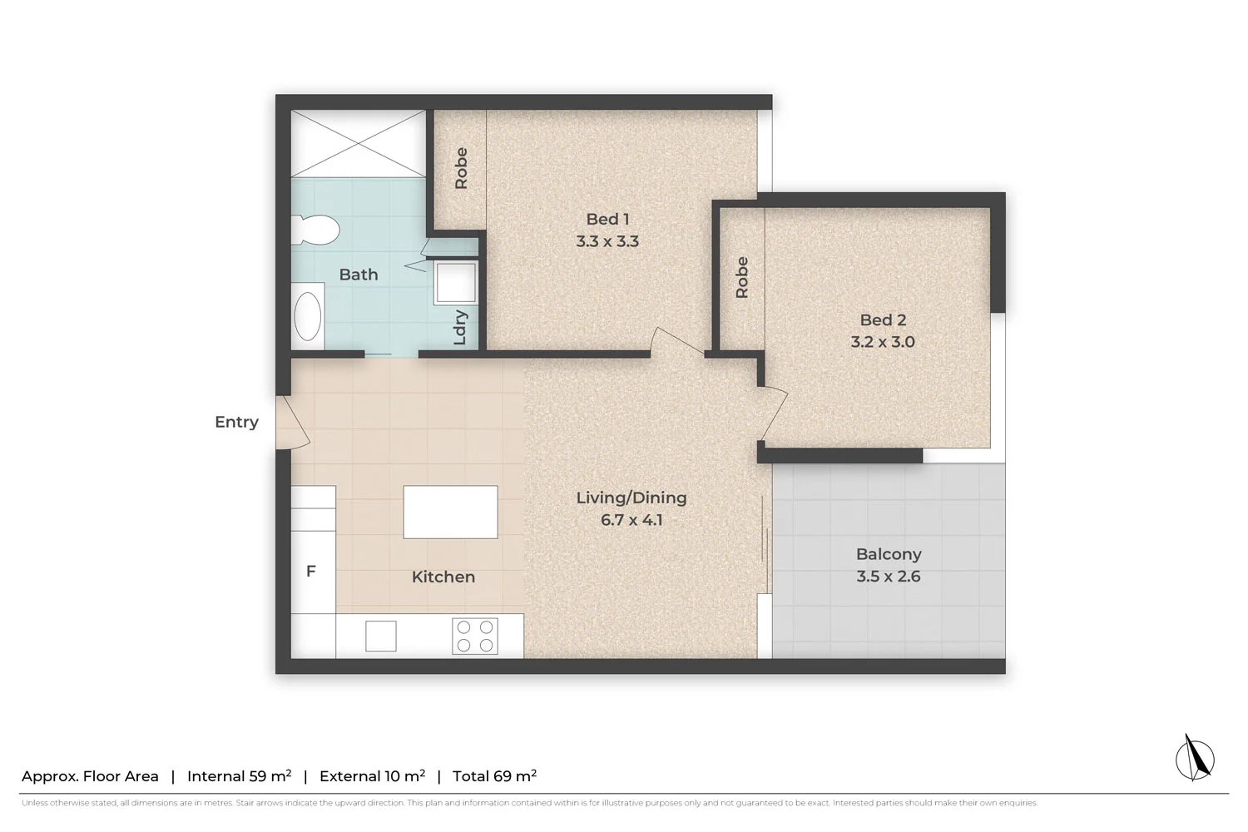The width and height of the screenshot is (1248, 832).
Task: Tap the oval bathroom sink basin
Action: pyautogui.click(x=309, y=317)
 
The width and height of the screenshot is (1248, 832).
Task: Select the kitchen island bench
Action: pyautogui.click(x=450, y=513)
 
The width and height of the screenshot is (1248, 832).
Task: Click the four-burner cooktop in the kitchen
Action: pyautogui.click(x=475, y=636)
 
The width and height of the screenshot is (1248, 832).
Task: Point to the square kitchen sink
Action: pyautogui.click(x=381, y=636)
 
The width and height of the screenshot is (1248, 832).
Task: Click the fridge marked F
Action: pyautogui.click(x=312, y=572)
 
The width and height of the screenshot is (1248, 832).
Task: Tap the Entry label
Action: pyautogui.click(x=236, y=422)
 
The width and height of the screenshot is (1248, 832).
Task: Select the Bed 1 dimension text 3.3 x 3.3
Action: pyautogui.click(x=607, y=241)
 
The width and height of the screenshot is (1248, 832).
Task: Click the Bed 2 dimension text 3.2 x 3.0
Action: pyautogui.click(x=883, y=342)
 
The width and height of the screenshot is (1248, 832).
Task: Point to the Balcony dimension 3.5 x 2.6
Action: pyautogui.click(x=888, y=577)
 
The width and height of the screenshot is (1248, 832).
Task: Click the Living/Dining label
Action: pyautogui.click(x=631, y=498)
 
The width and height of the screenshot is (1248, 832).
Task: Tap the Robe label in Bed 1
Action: pyautogui.click(x=461, y=168)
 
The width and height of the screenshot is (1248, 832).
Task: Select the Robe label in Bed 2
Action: pyautogui.click(x=741, y=278)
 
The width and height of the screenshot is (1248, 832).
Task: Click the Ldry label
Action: pyautogui.click(x=460, y=327)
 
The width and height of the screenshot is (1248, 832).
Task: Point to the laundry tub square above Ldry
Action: pyautogui.click(x=456, y=281)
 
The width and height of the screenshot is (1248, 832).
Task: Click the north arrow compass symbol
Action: pyautogui.click(x=1195, y=758)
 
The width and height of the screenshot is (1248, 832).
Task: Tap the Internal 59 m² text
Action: pyautogui.click(x=239, y=776)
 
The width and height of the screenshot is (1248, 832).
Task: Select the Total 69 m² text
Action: pyautogui.click(x=494, y=776)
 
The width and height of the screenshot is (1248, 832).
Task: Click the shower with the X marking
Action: pyautogui.click(x=358, y=143)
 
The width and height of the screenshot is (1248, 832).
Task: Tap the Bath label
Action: pyautogui.click(x=359, y=275)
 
